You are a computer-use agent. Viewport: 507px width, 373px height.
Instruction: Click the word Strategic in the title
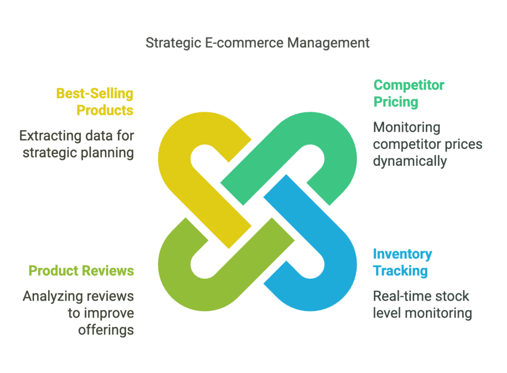click(x=173, y=43)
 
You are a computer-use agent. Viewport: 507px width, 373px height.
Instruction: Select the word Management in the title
click(x=328, y=43)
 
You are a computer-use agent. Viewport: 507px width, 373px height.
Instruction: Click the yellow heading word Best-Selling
click(x=95, y=94)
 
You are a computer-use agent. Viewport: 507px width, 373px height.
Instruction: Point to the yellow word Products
click(x=105, y=111)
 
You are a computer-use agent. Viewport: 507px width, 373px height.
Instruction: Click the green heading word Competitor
click(x=408, y=85)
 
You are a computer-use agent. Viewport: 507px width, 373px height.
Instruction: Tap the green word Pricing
click(x=396, y=102)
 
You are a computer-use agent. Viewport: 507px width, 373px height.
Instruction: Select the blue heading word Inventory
click(x=402, y=254)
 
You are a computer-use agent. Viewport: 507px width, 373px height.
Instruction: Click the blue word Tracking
click(x=400, y=271)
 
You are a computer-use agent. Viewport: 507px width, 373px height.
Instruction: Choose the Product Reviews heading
click(x=81, y=271)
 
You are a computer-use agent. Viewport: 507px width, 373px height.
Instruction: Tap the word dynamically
click(x=409, y=161)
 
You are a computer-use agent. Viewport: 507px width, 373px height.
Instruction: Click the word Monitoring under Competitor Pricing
click(x=406, y=127)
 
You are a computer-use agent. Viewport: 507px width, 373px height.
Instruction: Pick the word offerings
click(x=106, y=330)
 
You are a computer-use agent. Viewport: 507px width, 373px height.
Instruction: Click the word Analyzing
click(x=52, y=297)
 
